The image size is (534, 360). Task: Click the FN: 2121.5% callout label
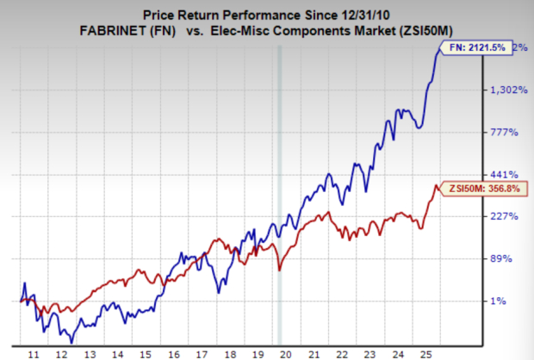(472, 48)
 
